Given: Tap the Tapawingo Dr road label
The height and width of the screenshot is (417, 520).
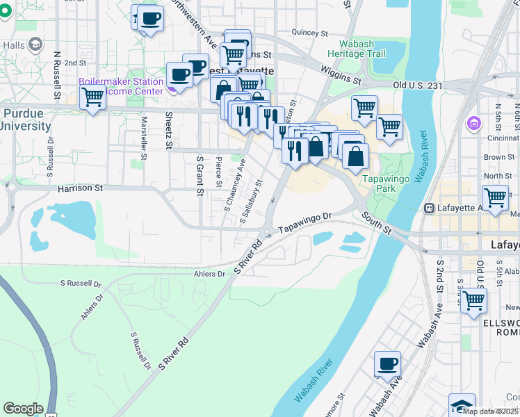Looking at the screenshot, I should click(x=307, y=224).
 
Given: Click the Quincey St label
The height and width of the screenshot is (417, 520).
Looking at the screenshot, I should click(x=309, y=33).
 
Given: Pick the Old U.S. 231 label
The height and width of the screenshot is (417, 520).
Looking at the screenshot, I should click(x=418, y=85).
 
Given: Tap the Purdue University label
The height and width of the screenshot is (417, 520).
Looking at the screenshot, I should click(x=25, y=120).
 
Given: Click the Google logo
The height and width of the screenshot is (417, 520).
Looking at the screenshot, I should click(x=23, y=409).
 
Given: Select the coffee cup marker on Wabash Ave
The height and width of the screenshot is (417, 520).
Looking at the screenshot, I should click(x=387, y=363).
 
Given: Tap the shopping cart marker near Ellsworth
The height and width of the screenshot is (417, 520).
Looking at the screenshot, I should click(x=473, y=301).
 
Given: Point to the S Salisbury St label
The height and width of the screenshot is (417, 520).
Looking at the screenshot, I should click(x=251, y=202).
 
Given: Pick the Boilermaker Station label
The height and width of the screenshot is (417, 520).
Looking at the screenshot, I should click(x=121, y=81).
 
